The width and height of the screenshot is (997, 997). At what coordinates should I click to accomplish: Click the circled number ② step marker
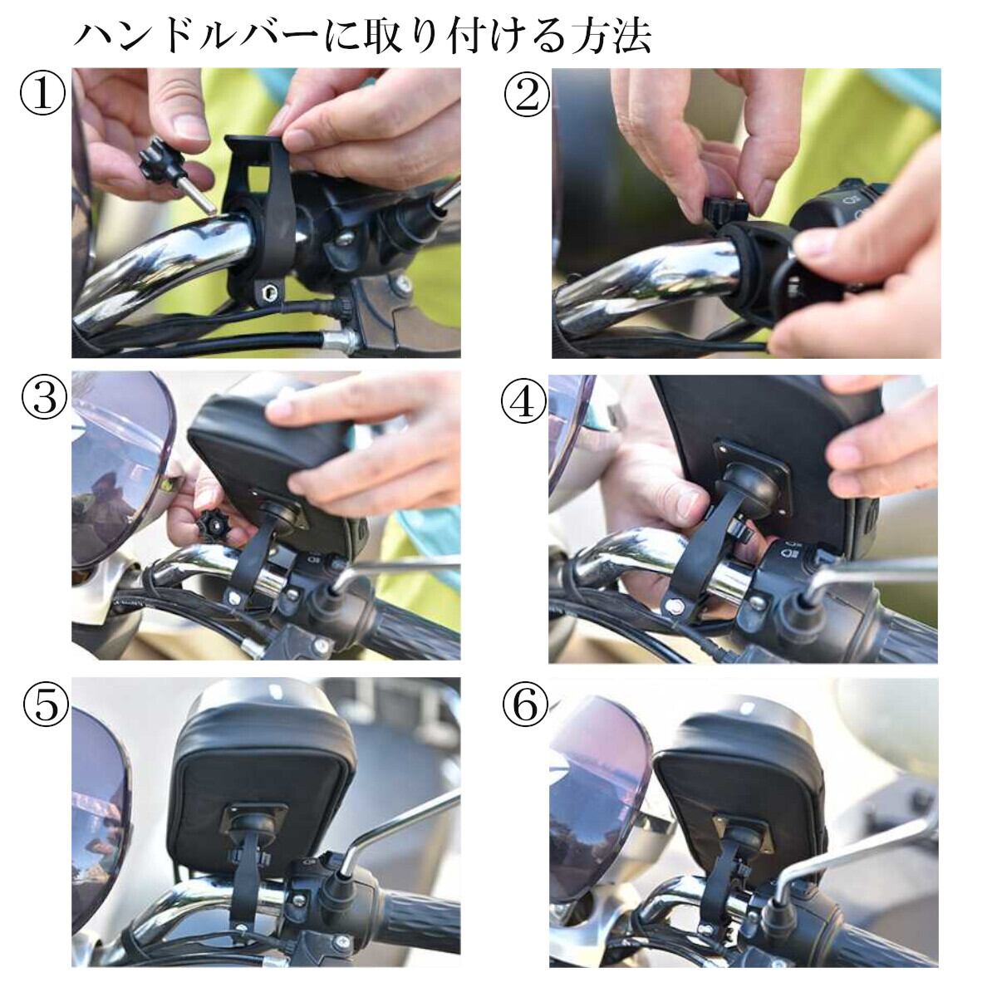click(x=526, y=96)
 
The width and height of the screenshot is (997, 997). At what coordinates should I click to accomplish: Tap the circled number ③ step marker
click(x=45, y=400)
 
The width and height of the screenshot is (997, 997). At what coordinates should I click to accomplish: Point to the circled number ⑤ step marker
click(x=46, y=705)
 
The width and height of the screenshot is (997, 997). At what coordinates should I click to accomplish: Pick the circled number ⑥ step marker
click(x=524, y=705)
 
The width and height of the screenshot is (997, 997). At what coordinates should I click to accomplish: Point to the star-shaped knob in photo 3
click(x=213, y=525)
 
